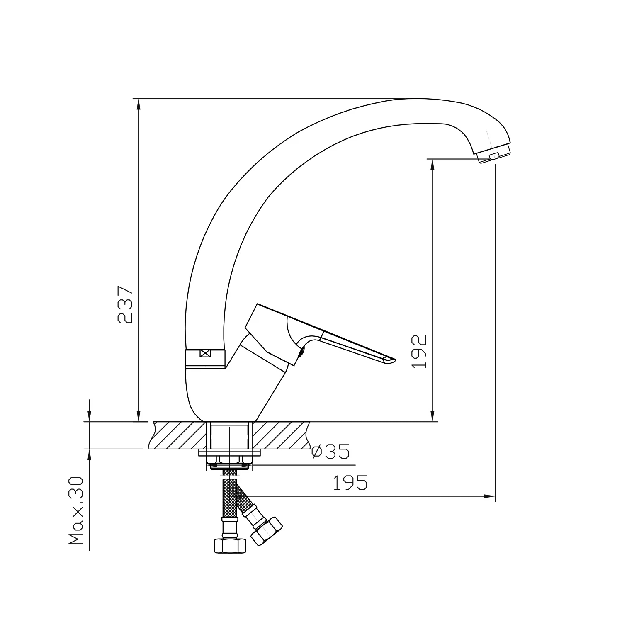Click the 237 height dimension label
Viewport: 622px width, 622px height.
coord(125,304)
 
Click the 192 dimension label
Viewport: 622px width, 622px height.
coord(419,351)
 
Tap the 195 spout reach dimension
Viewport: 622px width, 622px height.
coord(350,483)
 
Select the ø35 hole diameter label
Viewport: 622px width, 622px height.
coord(331,451)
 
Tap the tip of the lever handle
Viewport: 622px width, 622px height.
coord(394,360)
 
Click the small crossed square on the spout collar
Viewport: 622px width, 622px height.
coord(205,354)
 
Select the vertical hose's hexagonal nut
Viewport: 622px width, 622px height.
coord(230,545)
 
